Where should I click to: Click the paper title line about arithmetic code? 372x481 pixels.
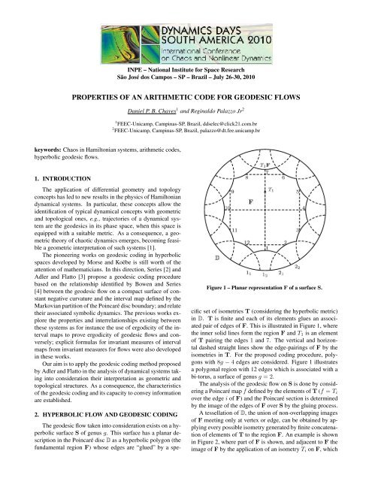pos(186,96)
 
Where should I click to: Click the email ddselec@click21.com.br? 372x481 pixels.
pos(226,123)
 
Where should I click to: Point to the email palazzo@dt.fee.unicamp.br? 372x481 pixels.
pos(226,131)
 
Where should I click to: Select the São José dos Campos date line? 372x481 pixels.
pos(186,77)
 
